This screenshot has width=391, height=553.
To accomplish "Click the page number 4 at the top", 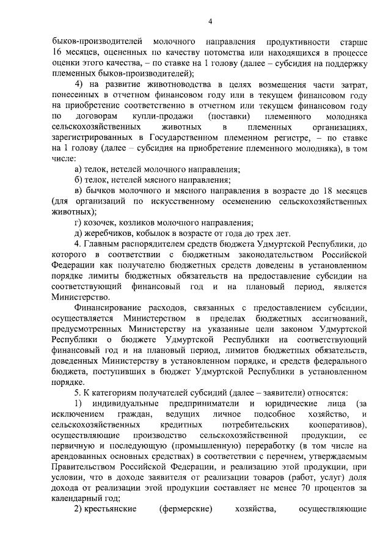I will [x=210, y=23].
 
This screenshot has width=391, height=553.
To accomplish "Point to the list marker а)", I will [x=78, y=169].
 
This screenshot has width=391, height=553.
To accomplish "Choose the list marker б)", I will [x=78, y=180].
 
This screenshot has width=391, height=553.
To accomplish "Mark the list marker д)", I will [x=78, y=233].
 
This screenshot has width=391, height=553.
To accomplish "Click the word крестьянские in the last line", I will [x=108, y=509].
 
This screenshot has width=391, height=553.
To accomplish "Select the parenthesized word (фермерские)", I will [x=185, y=509].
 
